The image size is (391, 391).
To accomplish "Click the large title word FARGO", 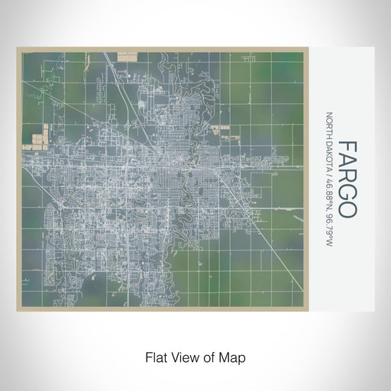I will pos(346,179).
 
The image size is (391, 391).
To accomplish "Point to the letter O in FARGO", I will pos(346,209).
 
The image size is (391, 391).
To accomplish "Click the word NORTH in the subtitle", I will pos(330,125).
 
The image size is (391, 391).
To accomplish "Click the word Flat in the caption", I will pos(155,357).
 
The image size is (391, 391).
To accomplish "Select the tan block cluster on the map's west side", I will pos(36,137).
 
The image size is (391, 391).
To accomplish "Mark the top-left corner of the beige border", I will pos(18,48).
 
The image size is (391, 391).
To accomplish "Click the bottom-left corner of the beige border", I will pos(18,310).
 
